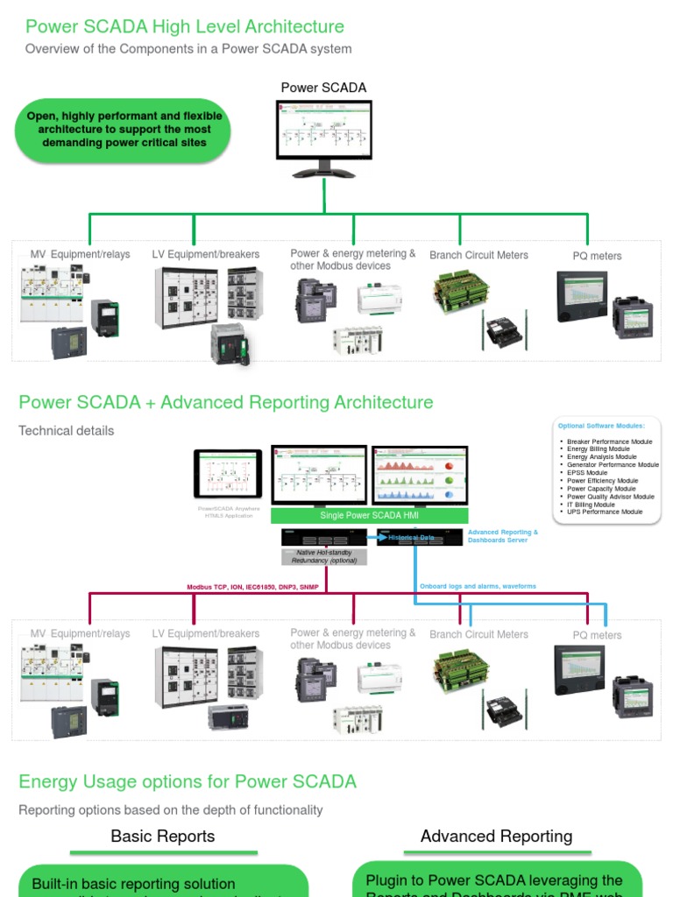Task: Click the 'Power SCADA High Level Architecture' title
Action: (x=184, y=27)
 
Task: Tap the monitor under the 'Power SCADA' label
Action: (x=323, y=130)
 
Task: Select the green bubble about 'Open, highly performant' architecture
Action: (x=124, y=130)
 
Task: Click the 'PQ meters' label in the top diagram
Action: (x=597, y=256)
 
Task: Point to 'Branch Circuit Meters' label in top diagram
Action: (x=478, y=255)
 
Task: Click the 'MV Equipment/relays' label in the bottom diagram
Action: (x=80, y=633)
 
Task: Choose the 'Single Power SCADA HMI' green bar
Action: (x=369, y=516)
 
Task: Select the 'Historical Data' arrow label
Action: (x=411, y=537)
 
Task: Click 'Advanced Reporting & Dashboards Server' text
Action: (x=503, y=536)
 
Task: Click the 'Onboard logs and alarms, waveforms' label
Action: (x=477, y=586)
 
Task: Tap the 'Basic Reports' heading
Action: (x=163, y=837)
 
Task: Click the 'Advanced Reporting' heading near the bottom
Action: (x=496, y=837)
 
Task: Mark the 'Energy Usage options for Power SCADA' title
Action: (x=188, y=781)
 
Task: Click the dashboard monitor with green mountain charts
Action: (x=417, y=475)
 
